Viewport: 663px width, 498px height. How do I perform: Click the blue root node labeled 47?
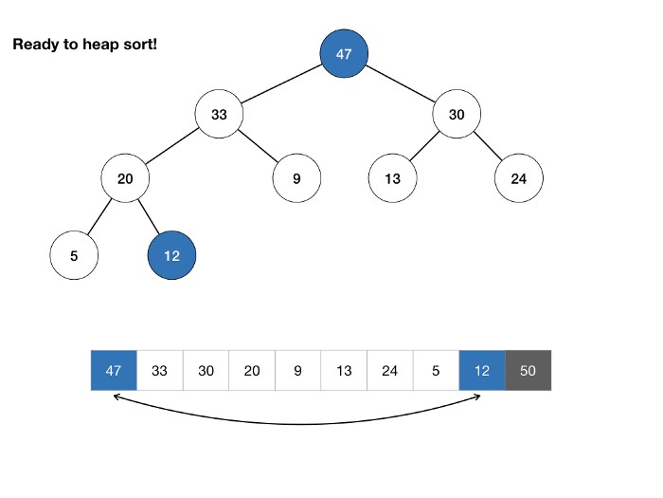(344, 53)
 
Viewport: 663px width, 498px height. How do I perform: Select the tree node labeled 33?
(219, 114)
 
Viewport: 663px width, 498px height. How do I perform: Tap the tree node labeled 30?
(457, 114)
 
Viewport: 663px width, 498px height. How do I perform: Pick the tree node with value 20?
(125, 178)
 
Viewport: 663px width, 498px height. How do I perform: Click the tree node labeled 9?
(296, 178)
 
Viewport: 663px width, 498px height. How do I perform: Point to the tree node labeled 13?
(393, 178)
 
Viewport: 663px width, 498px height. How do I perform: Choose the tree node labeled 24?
(519, 178)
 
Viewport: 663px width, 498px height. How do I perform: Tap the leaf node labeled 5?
(74, 255)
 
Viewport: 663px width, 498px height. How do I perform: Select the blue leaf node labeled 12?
(171, 255)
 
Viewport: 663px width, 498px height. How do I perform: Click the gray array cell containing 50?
(529, 371)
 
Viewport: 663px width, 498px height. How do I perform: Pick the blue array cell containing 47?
(114, 371)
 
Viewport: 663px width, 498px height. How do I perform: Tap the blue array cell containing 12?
(482, 371)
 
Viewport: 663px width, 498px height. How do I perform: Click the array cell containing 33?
(160, 371)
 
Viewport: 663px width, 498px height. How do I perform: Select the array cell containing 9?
(298, 371)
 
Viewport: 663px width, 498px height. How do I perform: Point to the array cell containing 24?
(390, 371)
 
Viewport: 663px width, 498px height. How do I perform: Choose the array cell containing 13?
(344, 371)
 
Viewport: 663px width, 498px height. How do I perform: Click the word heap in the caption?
(100, 45)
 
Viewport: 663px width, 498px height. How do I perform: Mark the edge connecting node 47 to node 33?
(281, 83)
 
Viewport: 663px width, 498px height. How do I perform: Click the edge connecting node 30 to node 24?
(488, 146)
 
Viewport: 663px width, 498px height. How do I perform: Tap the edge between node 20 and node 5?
(99, 216)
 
